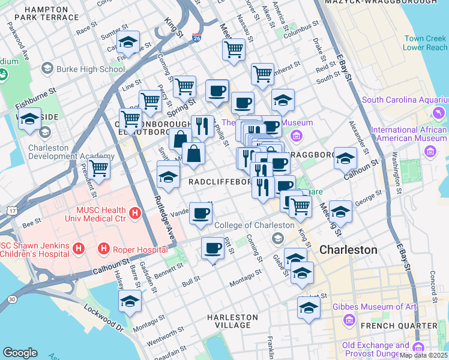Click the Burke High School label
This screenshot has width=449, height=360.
coord(90,69)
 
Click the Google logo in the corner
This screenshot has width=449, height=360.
coord(20,352)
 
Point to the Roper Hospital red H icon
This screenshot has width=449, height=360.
coord(104,248)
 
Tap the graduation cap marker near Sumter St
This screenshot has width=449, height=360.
coord(128,43)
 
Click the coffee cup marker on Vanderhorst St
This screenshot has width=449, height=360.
coord(200,213)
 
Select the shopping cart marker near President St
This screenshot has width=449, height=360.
coord(99,169)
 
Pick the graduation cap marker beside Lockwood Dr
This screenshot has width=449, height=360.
coord(129,301)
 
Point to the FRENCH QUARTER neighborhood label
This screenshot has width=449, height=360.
coord(393,326)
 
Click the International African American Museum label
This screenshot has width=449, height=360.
coord(409,135)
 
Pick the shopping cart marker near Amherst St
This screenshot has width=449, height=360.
coord(262,74)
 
